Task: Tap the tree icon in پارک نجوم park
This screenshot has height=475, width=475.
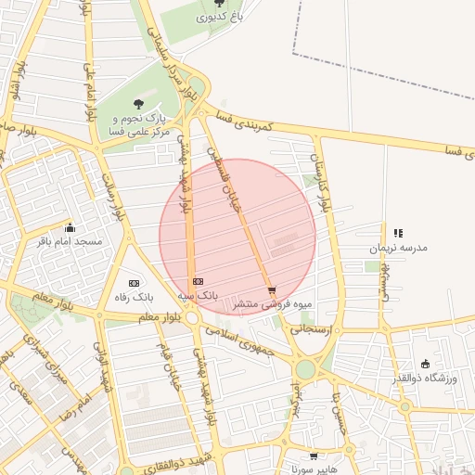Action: point(139,104)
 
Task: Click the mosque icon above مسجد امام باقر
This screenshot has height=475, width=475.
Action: point(69,227)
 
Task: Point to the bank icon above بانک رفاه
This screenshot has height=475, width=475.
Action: point(134,282)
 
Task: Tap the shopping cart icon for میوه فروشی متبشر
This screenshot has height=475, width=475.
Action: point(272,290)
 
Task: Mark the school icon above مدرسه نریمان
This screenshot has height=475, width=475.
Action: point(397,234)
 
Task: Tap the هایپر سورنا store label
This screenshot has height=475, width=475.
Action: point(314,469)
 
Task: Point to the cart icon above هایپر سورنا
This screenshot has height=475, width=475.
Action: point(314,456)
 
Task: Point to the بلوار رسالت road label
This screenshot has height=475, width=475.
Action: point(111,195)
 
